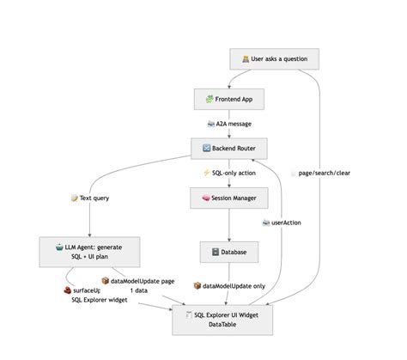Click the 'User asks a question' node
pyautogui.click(x=274, y=59)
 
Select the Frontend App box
pyautogui.click(x=228, y=100)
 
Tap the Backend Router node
pyautogui.click(x=228, y=149)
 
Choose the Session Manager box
pyautogui.click(x=228, y=198)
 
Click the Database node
pyautogui.click(x=228, y=252)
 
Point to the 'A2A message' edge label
pyautogui.click(x=229, y=124)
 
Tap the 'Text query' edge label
pyautogui.click(x=89, y=198)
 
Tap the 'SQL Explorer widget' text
pyautogui.click(x=100, y=301)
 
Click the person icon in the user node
pyautogui.click(x=246, y=59)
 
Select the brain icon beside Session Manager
pyautogui.click(x=205, y=198)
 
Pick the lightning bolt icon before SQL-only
pyautogui.click(x=206, y=173)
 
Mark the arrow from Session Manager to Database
pyautogui.click(x=228, y=225)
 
